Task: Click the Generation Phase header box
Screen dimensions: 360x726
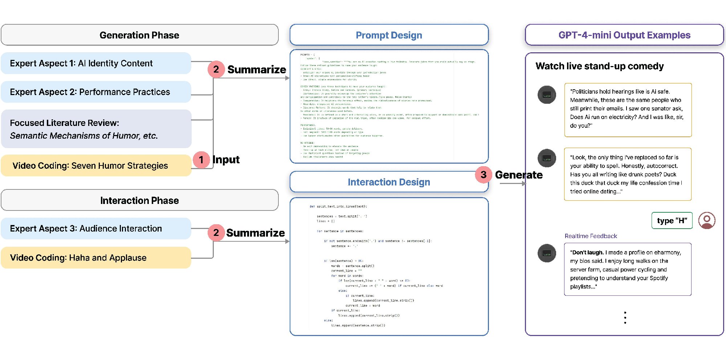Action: point(139,35)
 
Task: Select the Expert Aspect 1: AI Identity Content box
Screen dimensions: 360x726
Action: point(96,64)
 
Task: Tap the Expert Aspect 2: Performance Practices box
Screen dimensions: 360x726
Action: point(96,92)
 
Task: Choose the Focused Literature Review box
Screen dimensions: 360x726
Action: point(96,129)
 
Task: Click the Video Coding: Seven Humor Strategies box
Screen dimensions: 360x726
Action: point(96,166)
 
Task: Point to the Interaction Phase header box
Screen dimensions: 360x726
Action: point(139,200)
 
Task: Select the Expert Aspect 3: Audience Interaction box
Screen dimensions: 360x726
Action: point(96,229)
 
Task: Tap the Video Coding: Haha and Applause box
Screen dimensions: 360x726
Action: point(96,258)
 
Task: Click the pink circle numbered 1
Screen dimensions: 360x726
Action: point(201,160)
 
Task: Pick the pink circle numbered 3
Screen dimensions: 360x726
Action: point(484,175)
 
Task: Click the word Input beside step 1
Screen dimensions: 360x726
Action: point(226,160)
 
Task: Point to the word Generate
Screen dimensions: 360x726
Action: point(519,175)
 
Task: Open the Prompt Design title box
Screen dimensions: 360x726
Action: point(389,35)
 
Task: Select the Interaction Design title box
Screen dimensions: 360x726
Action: point(389,182)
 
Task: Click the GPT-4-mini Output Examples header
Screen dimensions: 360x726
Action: point(624,35)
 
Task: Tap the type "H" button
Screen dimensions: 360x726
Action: point(672,221)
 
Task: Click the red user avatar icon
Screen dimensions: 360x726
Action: point(707,220)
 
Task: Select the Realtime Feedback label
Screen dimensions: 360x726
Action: point(591,236)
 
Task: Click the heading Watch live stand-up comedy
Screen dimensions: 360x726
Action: point(600,66)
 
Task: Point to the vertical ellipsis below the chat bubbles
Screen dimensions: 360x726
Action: point(625,318)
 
